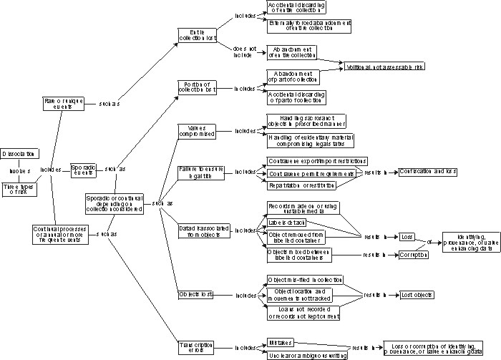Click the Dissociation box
tap(19, 154)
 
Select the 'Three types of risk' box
tap(19, 189)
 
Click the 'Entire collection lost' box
tap(198, 35)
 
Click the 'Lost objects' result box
tap(416, 294)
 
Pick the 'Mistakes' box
tap(281, 343)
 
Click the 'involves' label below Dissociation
tap(19, 172)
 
